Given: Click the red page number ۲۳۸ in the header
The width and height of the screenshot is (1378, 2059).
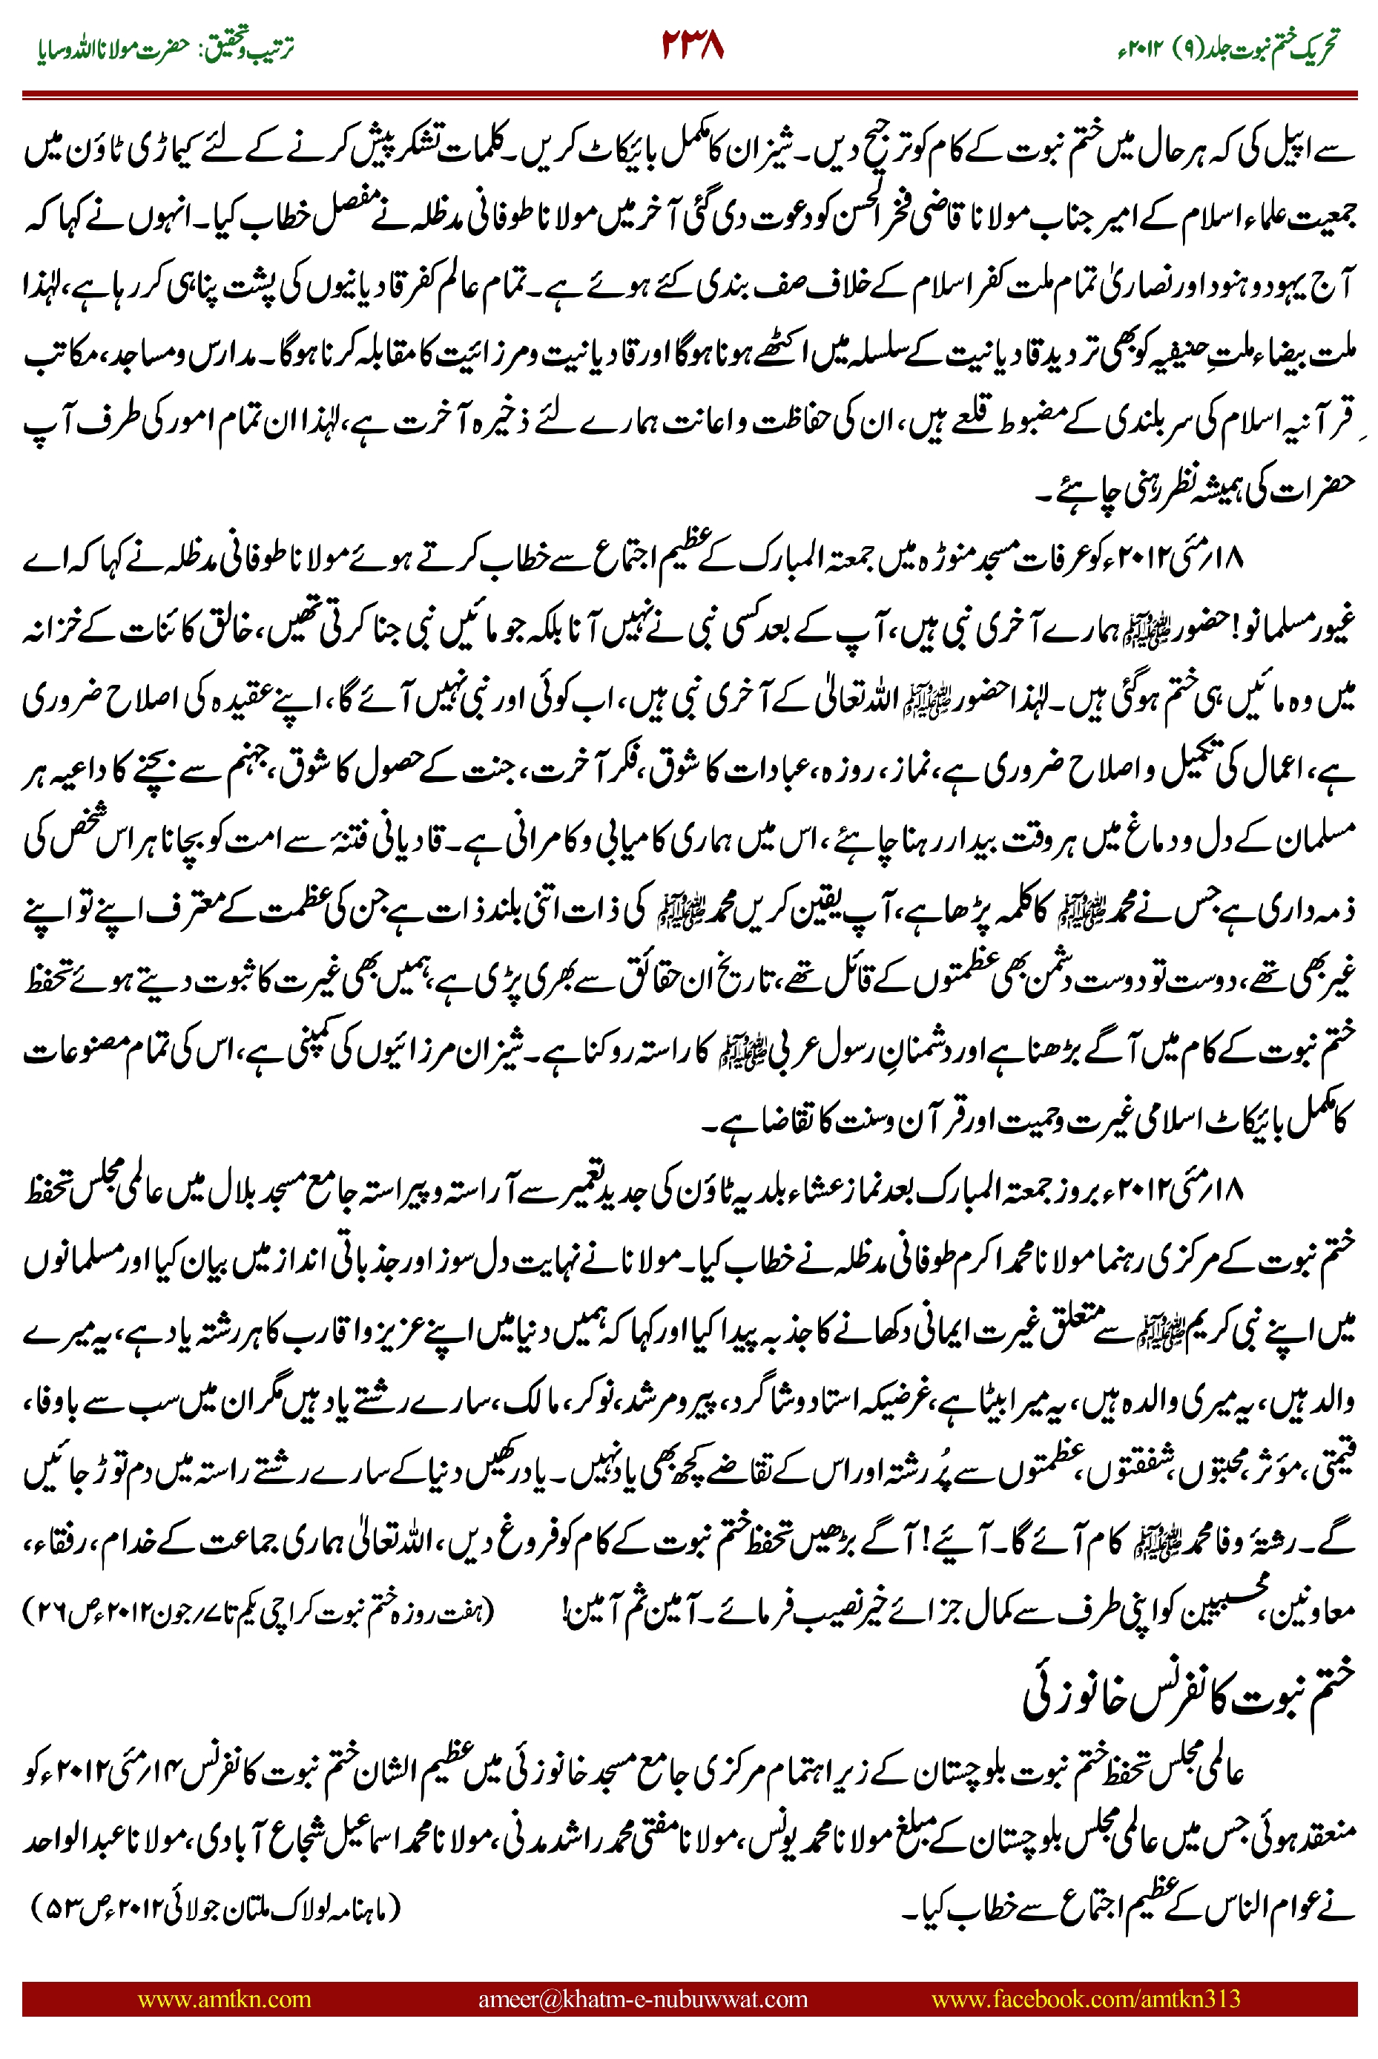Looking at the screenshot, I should pyautogui.click(x=693, y=45).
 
